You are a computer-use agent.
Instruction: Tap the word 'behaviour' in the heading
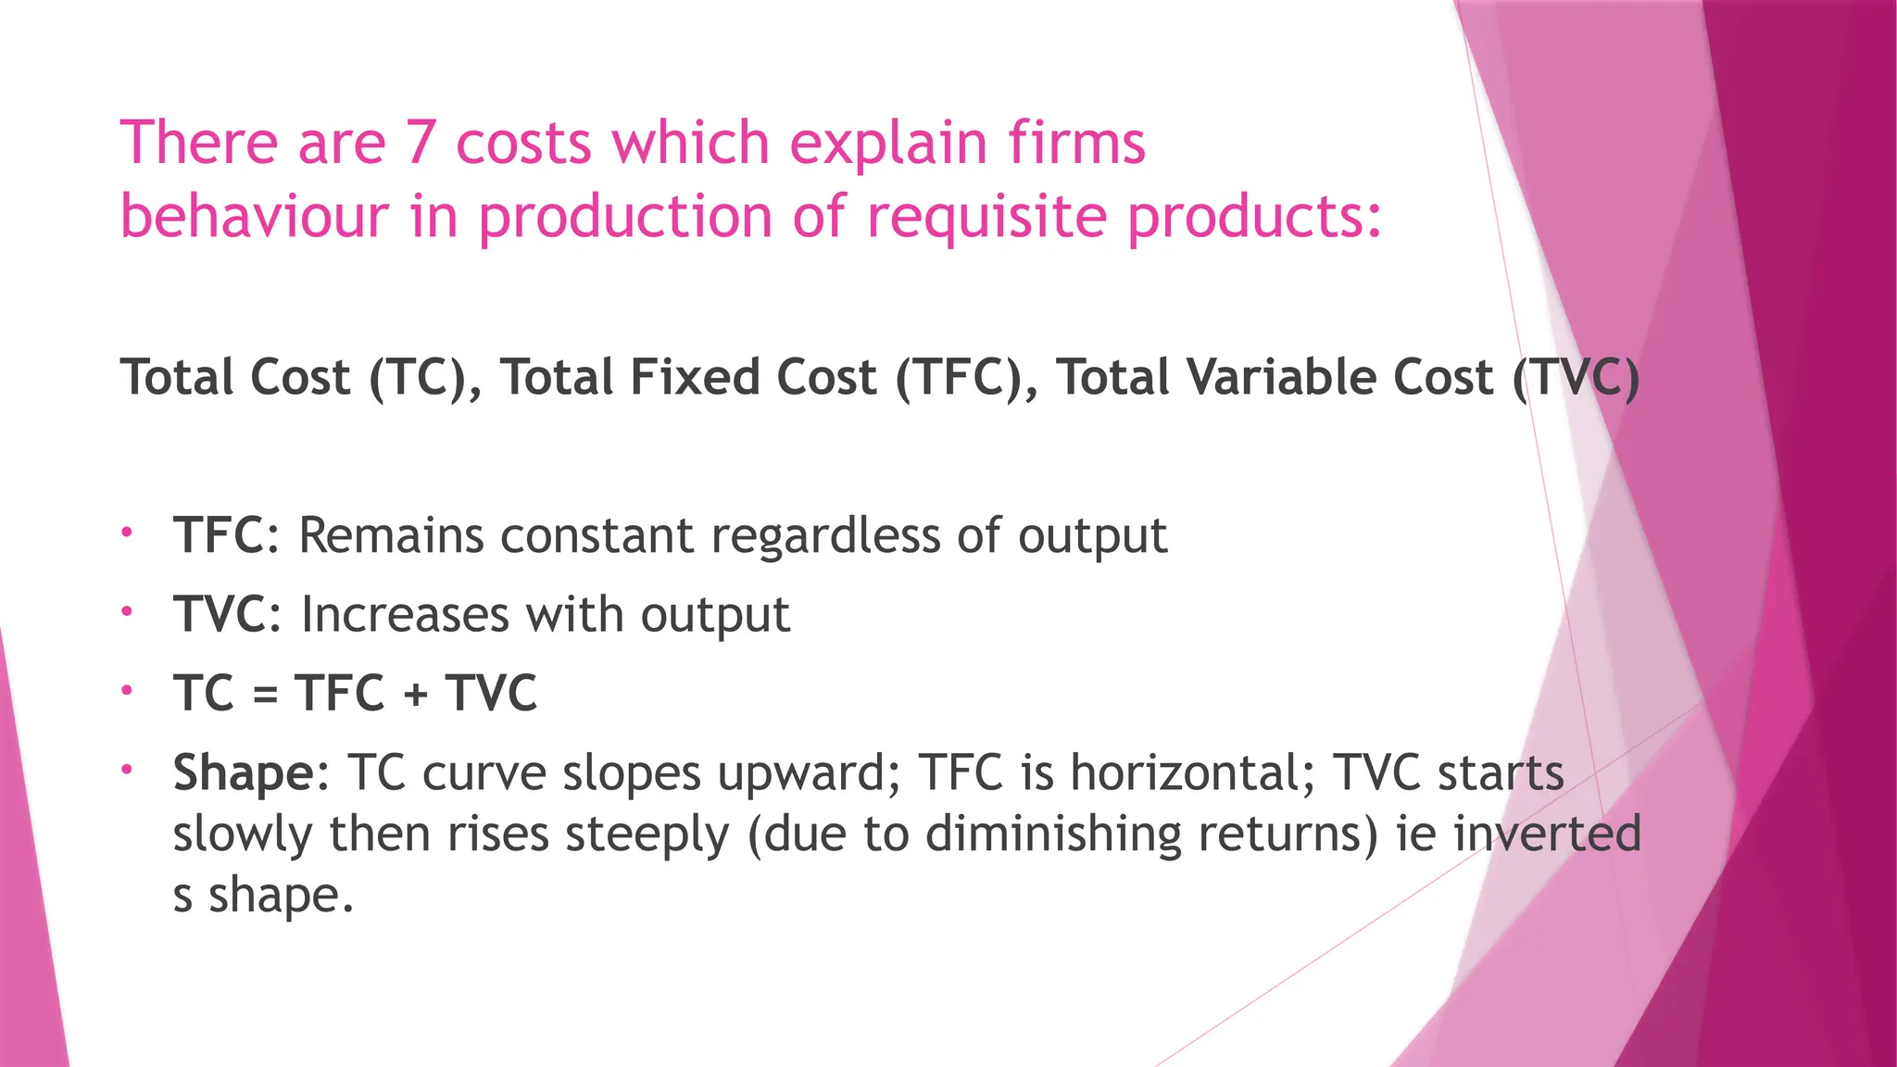tap(254, 217)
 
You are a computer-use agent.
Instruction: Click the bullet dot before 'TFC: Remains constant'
tap(127, 533)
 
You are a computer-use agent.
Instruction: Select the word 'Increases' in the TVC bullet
tap(405, 615)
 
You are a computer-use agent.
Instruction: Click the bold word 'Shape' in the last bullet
tap(244, 773)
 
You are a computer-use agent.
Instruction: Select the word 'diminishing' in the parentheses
tap(1053, 834)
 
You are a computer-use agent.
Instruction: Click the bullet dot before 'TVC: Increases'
tap(127, 611)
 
